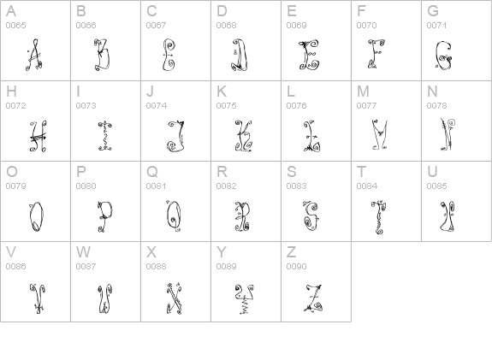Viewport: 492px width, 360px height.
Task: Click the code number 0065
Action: point(15,26)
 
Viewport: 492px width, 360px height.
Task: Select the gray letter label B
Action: point(80,11)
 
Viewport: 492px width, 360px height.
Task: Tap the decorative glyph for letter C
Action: point(169,54)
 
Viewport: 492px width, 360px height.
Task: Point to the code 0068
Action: point(226,26)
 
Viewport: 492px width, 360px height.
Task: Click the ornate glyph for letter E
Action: point(308,54)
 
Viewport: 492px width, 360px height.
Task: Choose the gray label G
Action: point(433,11)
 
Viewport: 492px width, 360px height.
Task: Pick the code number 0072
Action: point(15,106)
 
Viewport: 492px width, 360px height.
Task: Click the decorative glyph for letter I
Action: point(104,135)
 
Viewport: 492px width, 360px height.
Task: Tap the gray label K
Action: point(221,91)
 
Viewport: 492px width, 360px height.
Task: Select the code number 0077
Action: point(366,106)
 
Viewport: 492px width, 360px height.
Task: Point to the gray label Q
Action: point(151,172)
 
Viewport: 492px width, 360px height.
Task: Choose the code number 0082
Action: point(226,186)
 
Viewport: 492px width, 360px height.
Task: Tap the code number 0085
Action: point(436,186)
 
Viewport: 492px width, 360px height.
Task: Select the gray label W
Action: point(83,252)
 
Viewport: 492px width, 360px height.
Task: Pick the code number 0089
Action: point(226,267)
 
